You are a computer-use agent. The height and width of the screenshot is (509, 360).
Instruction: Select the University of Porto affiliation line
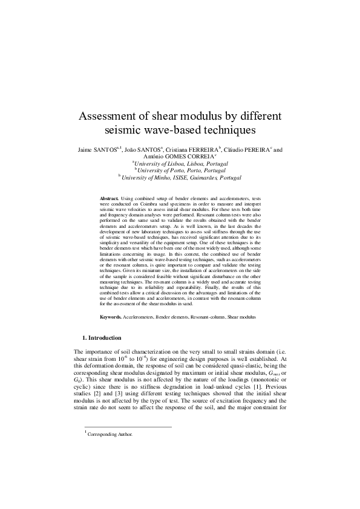coord(180,171)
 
